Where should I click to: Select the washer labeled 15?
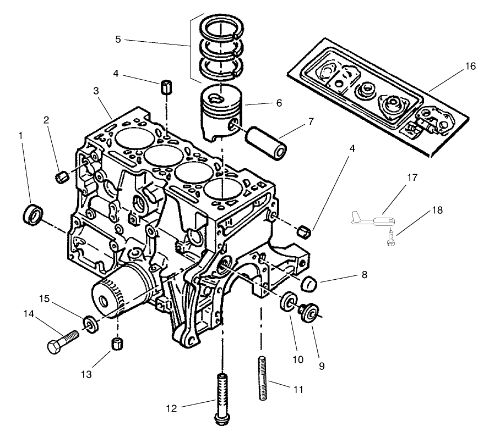click(89, 322)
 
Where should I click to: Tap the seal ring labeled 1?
click(33, 213)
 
